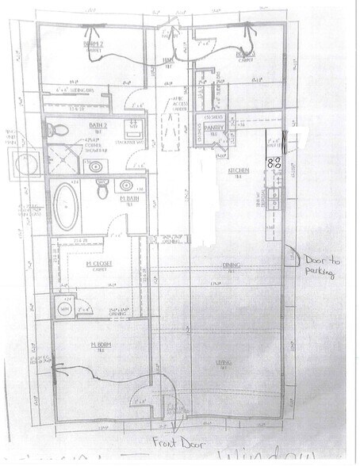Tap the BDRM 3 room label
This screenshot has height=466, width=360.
tap(234, 55)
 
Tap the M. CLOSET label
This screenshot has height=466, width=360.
tap(99, 262)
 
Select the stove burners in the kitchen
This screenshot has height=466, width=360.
tap(277, 164)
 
